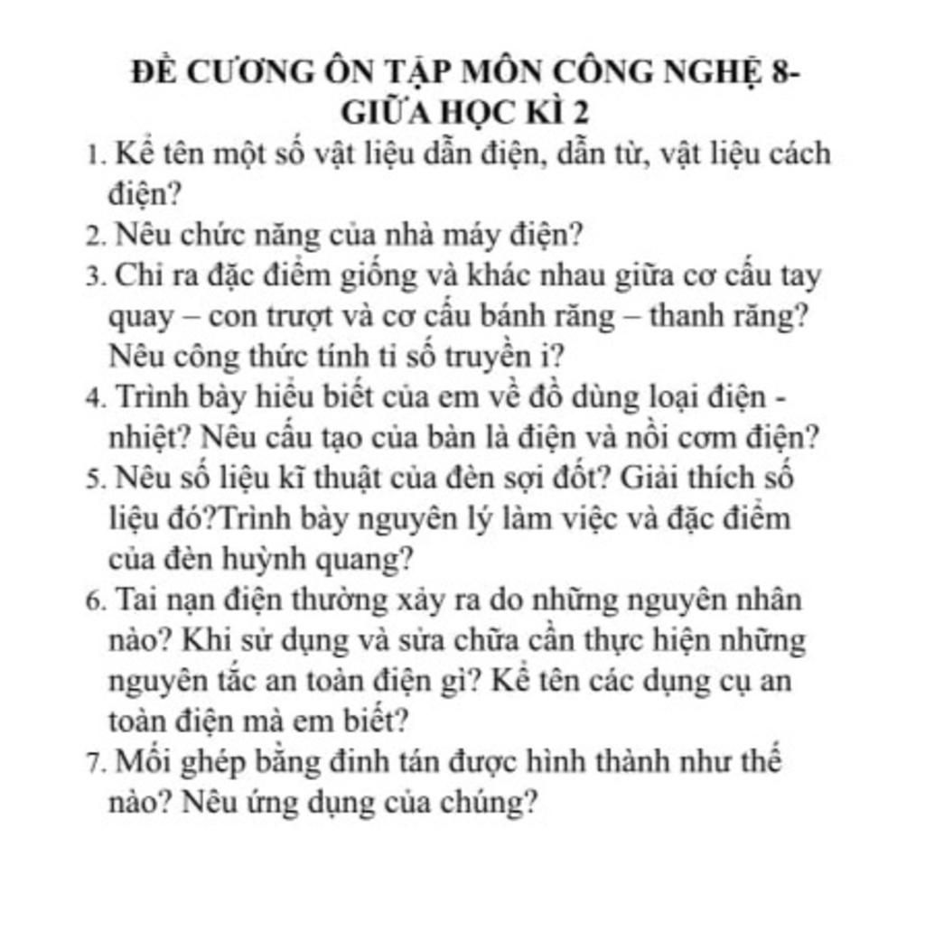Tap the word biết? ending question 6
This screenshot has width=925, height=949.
click(371, 721)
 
